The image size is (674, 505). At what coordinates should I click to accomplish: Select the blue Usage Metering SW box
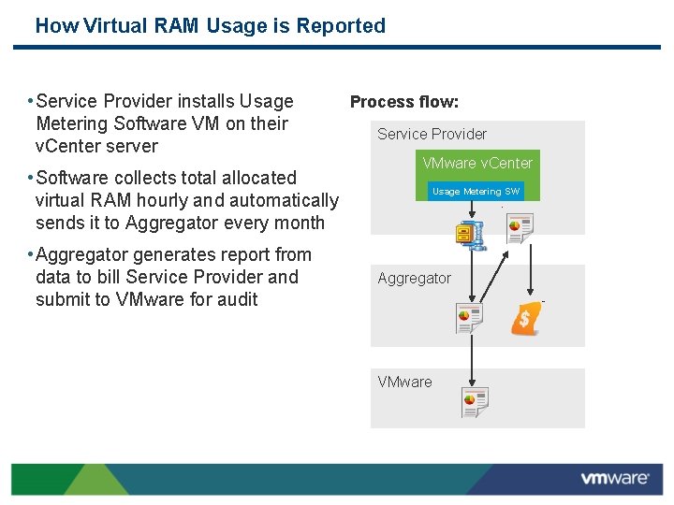pyautogui.click(x=475, y=191)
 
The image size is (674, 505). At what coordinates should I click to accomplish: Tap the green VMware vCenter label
pyautogui.click(x=476, y=163)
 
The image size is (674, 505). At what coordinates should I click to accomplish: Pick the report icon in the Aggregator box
pyautogui.click(x=469, y=318)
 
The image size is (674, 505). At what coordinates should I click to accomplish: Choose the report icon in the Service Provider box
pyautogui.click(x=519, y=227)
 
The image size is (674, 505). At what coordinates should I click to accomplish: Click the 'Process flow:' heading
pyautogui.click(x=404, y=102)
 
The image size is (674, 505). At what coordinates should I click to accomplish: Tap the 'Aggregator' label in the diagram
pyautogui.click(x=414, y=278)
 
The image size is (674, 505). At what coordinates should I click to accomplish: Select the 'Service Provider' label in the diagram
pyautogui.click(x=432, y=134)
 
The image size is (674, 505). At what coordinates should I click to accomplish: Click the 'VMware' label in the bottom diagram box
pyautogui.click(x=404, y=382)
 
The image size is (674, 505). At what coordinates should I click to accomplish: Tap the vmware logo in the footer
pyautogui.click(x=614, y=479)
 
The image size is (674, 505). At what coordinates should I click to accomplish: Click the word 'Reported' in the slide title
pyautogui.click(x=341, y=26)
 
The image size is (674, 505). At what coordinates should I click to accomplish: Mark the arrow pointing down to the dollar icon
pyautogui.click(x=531, y=272)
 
